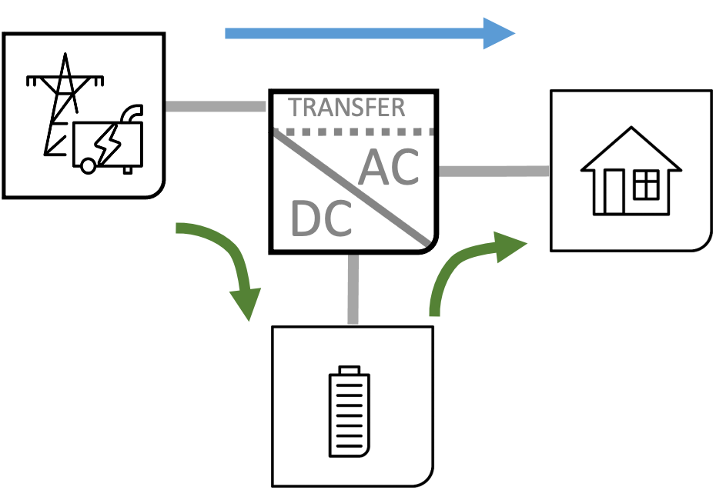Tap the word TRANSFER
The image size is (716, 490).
pyautogui.click(x=346, y=108)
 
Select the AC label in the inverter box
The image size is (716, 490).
pyautogui.click(x=390, y=167)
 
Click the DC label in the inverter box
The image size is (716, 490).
pyautogui.click(x=321, y=218)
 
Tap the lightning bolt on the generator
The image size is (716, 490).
pyautogui.click(x=105, y=143)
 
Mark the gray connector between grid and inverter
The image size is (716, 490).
pyautogui.click(x=216, y=107)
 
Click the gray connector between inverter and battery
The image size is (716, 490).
pyautogui.click(x=353, y=288)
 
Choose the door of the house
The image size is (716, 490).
pyautogui.click(x=614, y=192)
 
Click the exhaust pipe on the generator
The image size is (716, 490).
pyautogui.click(x=132, y=114)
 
